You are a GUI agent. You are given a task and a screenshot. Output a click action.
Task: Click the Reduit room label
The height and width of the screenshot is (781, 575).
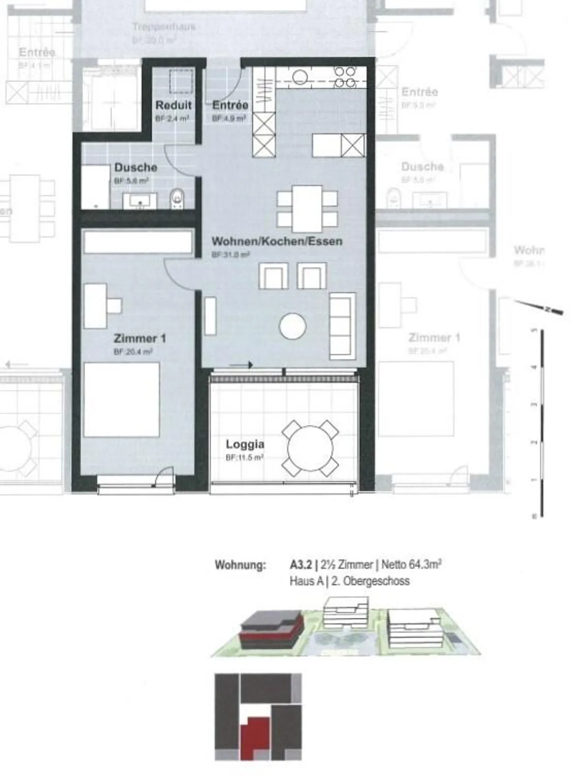(173, 105)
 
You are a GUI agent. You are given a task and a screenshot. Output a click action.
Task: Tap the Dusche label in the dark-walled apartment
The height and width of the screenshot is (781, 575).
(135, 167)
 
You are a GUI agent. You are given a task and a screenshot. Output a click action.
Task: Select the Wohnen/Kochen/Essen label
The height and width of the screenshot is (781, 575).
(277, 241)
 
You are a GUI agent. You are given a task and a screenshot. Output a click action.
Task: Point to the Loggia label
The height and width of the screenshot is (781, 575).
(245, 444)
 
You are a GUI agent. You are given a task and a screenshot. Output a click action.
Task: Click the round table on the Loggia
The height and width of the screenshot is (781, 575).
(310, 448)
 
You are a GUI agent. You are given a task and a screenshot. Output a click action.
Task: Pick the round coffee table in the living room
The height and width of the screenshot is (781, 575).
(293, 326)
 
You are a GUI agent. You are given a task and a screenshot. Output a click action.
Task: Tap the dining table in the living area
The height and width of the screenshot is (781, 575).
(307, 208)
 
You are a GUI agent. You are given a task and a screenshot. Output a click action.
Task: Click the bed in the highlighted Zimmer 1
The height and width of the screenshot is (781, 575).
(121, 399)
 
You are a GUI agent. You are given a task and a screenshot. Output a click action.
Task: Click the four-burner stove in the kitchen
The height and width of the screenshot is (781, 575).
(345, 77)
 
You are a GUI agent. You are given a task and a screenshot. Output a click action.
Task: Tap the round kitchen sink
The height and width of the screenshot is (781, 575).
(299, 77)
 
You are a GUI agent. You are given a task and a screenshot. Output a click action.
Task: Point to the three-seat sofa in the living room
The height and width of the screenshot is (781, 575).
(342, 326)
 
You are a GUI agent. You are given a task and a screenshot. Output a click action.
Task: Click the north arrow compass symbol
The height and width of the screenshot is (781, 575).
(539, 307)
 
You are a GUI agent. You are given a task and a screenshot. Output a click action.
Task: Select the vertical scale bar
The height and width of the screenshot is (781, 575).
(541, 423)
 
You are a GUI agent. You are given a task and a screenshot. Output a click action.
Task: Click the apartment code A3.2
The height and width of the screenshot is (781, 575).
(301, 565)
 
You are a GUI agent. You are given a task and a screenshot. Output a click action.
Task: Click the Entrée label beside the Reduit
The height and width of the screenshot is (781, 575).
(230, 105)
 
